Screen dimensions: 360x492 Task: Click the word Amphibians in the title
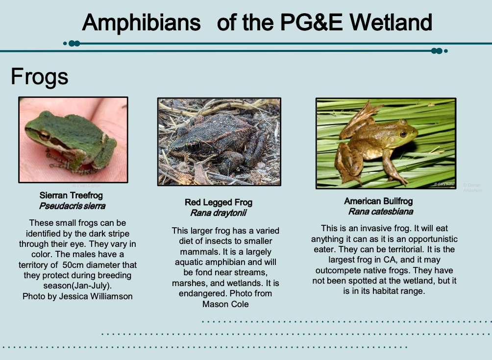coord(141,23)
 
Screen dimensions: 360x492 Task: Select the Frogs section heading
coord(39,76)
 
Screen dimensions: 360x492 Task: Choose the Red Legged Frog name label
coord(219,202)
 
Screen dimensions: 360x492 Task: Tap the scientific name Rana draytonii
coord(218,213)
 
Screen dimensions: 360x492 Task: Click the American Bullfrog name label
coord(378,201)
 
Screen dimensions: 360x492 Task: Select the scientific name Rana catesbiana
coord(380,212)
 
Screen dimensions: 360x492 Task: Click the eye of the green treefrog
coord(44,135)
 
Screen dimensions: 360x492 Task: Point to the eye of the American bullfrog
coord(403,133)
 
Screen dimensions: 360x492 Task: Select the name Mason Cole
coord(225,304)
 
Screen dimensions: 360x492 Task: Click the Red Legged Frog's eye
coord(193,145)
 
